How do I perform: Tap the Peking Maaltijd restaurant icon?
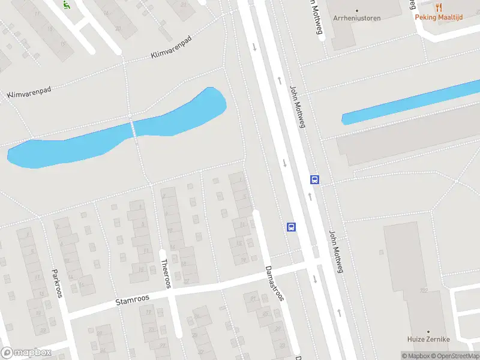439,7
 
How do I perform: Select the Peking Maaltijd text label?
439,17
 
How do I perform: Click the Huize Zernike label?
428,340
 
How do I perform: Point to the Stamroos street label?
132,298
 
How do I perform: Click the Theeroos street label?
166,273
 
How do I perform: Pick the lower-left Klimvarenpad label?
29,92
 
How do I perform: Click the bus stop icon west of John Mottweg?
291,227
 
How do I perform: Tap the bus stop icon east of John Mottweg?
314,179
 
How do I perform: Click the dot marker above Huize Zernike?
428,331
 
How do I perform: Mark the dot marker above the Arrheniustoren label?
358,10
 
